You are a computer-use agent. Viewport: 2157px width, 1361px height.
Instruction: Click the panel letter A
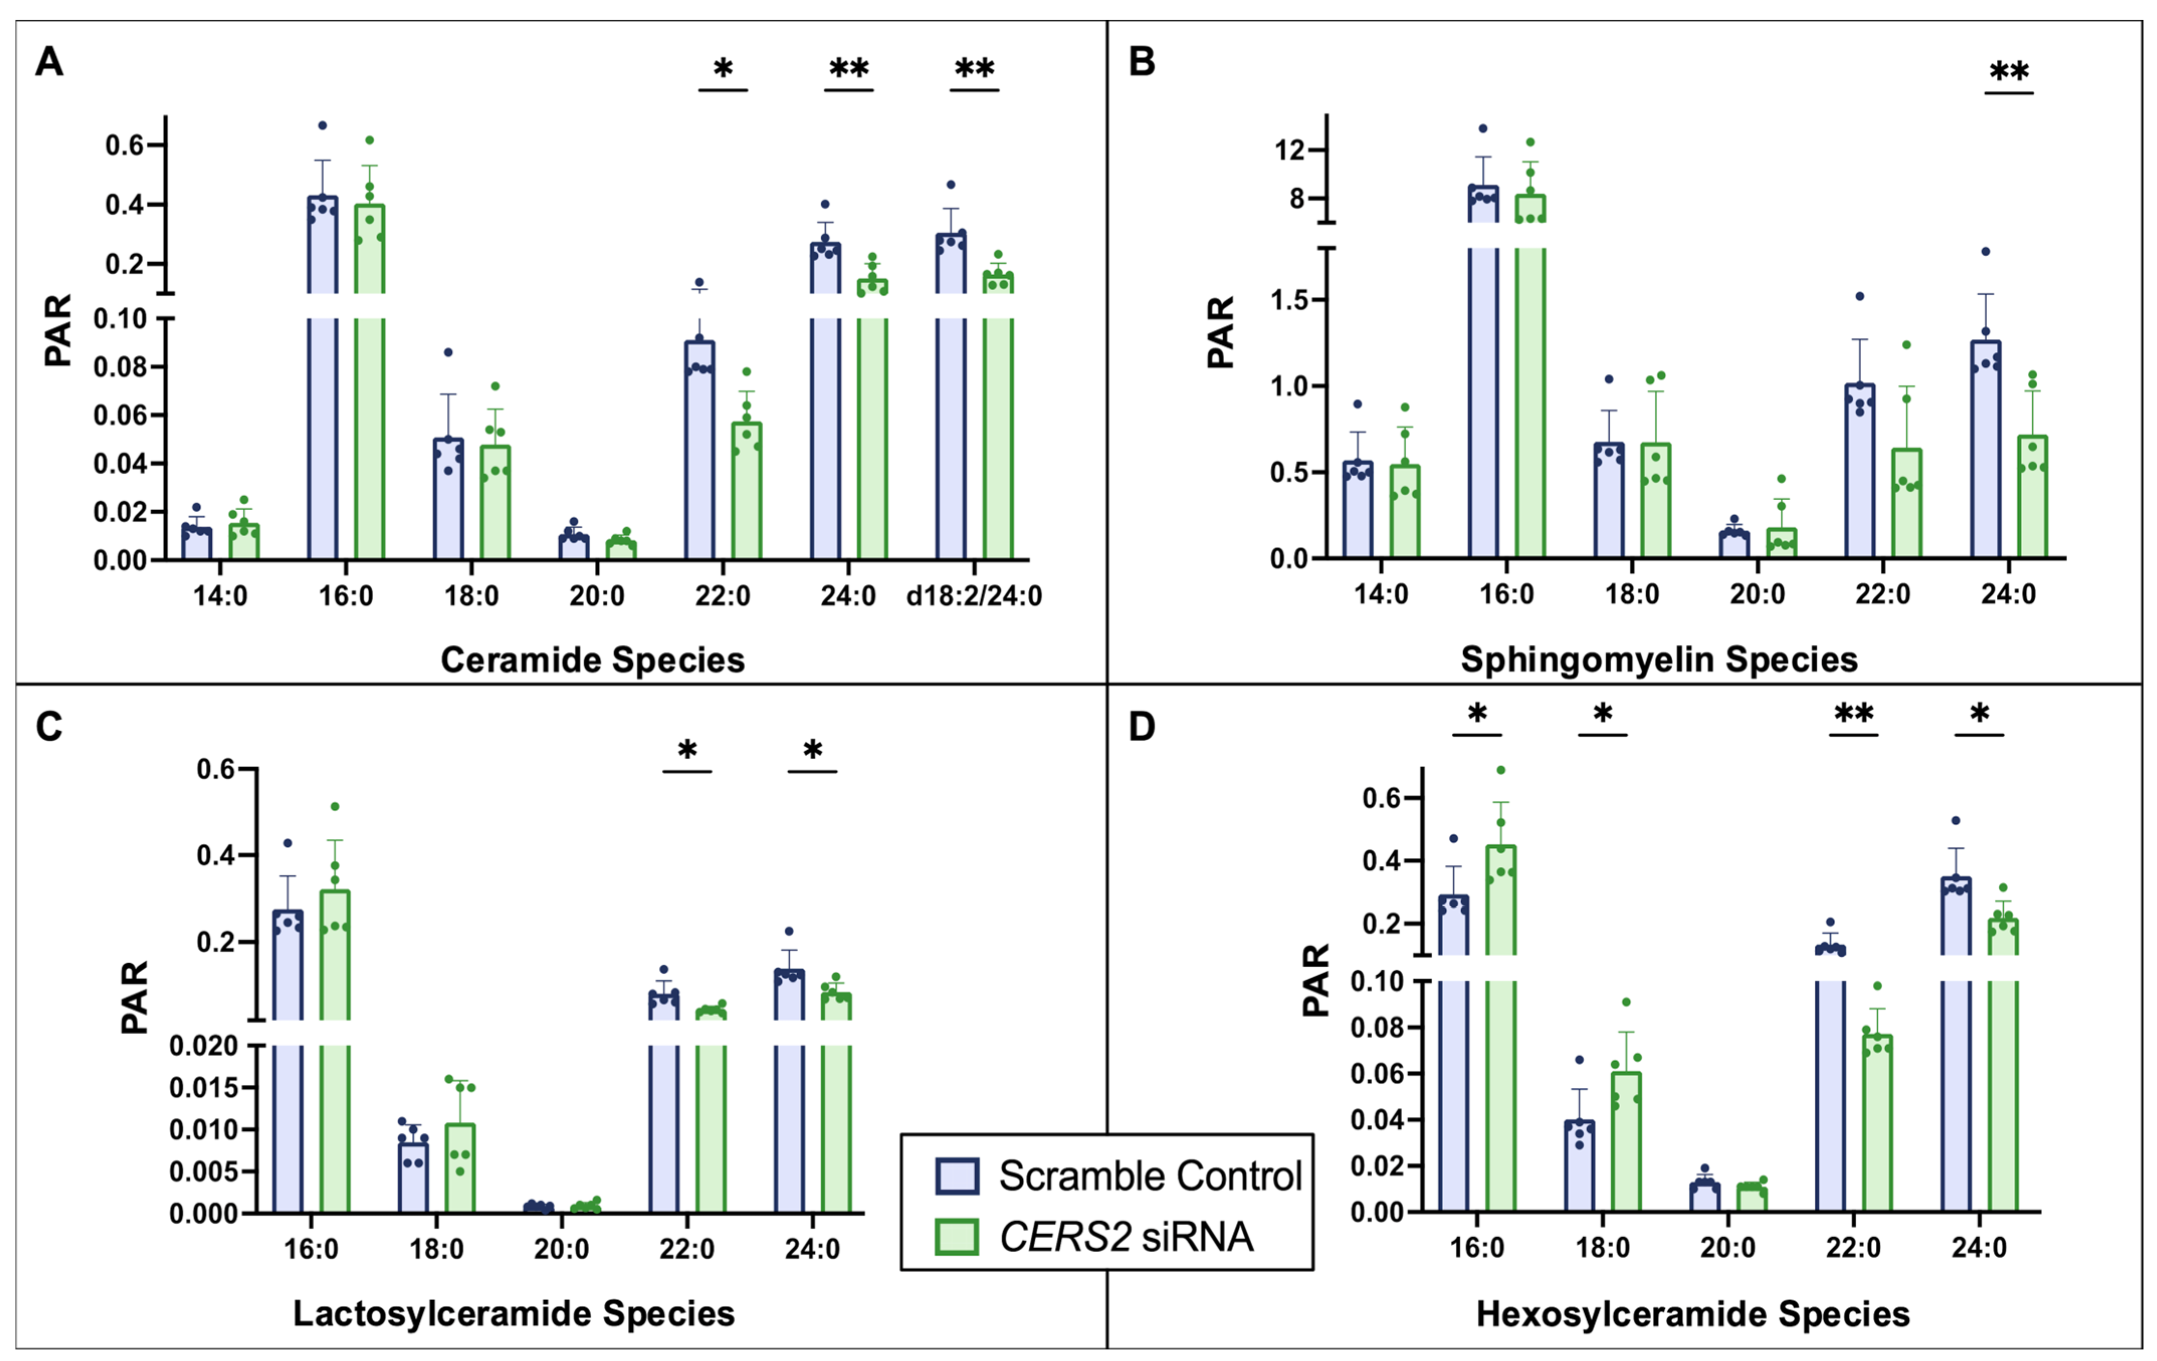[49, 63]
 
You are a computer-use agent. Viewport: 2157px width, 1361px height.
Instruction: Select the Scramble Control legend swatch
[956, 1176]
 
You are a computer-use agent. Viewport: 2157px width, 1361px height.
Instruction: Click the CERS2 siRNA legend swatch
[956, 1236]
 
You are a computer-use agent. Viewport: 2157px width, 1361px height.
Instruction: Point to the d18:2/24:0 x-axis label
[974, 596]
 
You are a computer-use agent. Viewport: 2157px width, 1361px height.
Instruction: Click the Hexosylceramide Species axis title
[1693, 1314]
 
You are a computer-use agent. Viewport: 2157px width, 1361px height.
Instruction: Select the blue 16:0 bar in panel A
[322, 403]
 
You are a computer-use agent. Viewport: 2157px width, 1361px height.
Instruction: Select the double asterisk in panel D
[1853, 714]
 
